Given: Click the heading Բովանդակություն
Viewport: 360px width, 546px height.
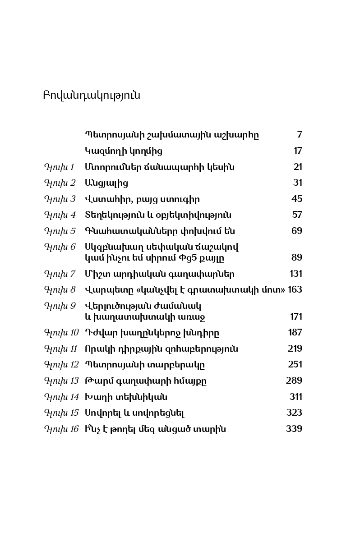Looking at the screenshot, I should point(92,96).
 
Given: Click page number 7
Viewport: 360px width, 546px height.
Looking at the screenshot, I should point(300,134).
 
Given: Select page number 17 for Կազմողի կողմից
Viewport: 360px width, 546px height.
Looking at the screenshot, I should point(298,151).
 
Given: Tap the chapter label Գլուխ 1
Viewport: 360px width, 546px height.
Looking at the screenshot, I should point(59,167).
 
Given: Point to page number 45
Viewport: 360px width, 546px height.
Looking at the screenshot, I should point(297,199).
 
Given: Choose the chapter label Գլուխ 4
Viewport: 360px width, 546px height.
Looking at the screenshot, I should point(60,215).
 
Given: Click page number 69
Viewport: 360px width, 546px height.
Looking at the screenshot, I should point(297,231).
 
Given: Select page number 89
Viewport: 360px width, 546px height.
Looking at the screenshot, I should point(297,257).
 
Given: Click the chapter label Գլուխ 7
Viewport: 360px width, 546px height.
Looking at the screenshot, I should point(60,274).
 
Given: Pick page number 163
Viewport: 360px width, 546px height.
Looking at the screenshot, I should point(295,289).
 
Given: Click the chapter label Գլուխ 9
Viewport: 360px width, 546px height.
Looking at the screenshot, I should point(60,306).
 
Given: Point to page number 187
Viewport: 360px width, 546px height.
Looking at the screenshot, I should point(295,333).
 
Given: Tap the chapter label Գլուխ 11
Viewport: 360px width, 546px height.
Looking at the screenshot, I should point(61,349).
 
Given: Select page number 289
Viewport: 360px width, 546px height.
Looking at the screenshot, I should point(294,381).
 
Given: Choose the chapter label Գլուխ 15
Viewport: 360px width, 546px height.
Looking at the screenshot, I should point(61,413).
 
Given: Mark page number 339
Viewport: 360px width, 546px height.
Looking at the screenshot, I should point(294,429).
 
